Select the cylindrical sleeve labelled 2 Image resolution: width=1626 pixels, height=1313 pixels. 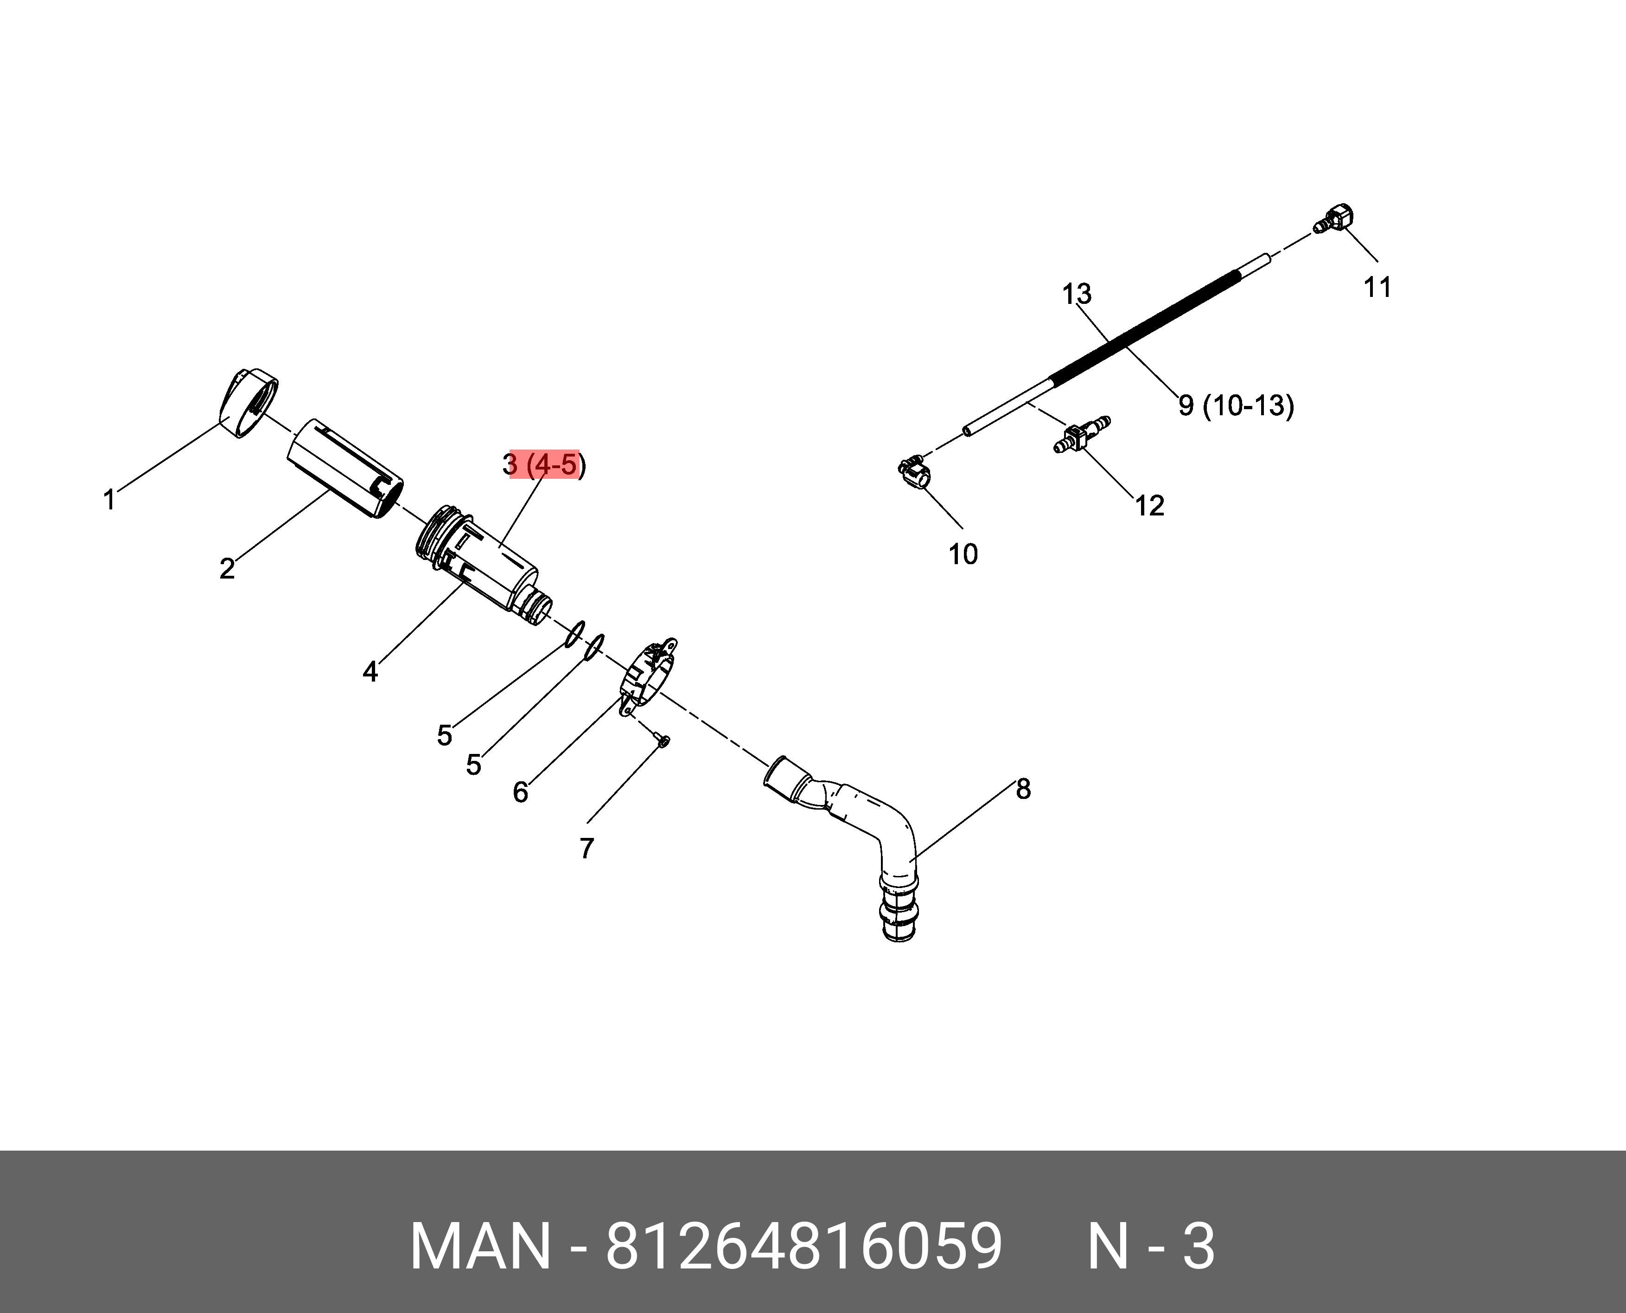click(344, 469)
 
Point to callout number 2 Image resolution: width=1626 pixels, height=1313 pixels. click(227, 568)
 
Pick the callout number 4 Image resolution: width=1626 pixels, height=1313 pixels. click(370, 671)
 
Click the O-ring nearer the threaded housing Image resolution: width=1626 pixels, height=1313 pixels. click(575, 633)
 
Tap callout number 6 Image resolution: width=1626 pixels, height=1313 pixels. click(520, 792)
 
